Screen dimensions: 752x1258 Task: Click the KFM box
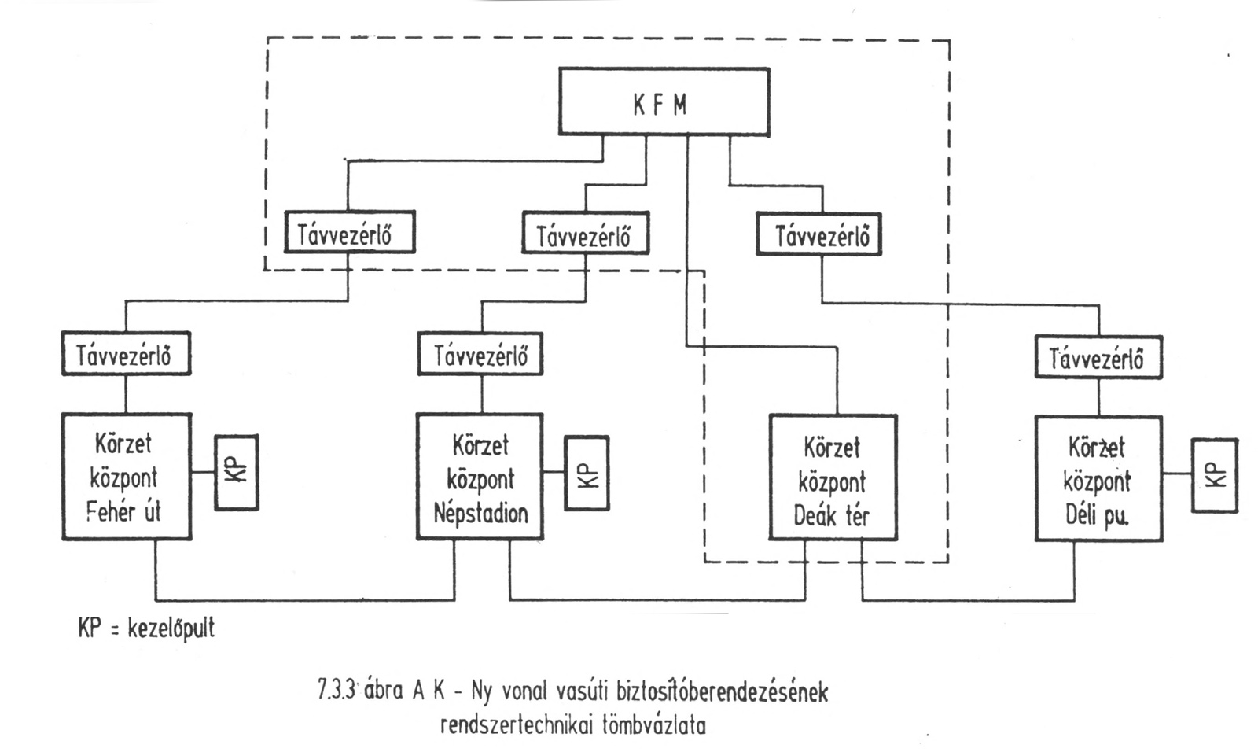[x=664, y=101]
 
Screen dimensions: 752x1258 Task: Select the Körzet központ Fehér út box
[x=126, y=477]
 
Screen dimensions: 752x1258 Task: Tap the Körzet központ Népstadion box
[x=480, y=477]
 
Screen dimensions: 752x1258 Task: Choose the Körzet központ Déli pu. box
[x=1098, y=478]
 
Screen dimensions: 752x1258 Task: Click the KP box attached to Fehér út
[x=237, y=472]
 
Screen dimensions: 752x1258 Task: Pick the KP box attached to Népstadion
[x=587, y=474]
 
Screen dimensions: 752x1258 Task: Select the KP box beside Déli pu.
[x=1214, y=476]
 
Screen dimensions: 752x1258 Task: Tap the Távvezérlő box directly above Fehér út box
[x=126, y=354]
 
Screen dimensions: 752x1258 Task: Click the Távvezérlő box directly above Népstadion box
[x=480, y=355]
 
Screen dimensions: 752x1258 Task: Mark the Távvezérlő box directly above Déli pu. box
[x=1098, y=358]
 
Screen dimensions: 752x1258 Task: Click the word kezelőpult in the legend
[x=171, y=629]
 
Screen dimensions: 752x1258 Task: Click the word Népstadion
[x=480, y=514]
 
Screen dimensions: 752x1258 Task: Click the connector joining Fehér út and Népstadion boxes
[x=305, y=599]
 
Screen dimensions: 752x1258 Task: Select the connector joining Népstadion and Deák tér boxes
[x=657, y=600]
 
